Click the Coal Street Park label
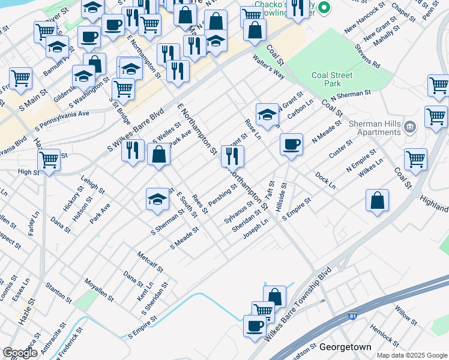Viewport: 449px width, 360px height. coord(334,80)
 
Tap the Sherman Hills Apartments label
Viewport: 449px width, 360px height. coord(373,127)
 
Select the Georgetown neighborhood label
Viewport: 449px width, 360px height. coord(345,347)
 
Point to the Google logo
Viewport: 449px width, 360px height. coord(20,353)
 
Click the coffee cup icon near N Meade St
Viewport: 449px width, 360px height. coord(291,145)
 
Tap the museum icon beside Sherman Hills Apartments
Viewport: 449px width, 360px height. coord(410,127)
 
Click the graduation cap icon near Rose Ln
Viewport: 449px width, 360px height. coord(267,114)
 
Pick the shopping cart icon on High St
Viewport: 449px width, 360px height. coord(49,160)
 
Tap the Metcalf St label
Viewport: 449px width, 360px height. coord(151,262)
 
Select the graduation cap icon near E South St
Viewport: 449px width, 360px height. coord(157,199)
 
